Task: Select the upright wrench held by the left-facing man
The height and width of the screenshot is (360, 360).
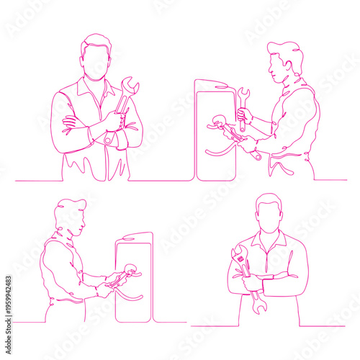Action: pos(243,108)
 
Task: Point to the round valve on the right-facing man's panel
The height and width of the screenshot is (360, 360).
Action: pos(130,271)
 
